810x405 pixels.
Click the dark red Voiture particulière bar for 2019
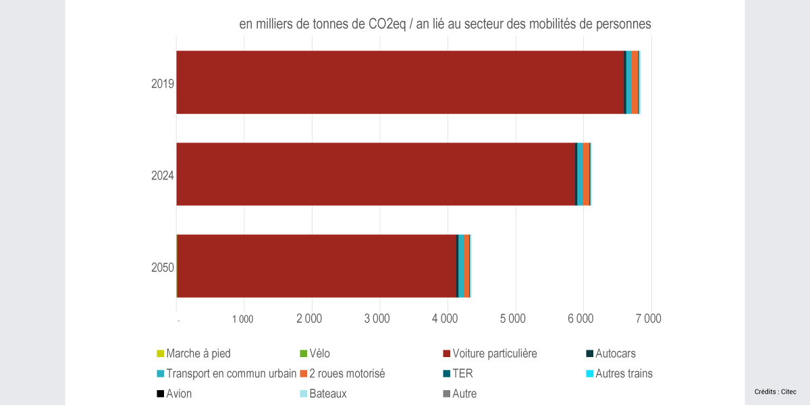[x=400, y=82]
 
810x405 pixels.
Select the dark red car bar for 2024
[x=375, y=174]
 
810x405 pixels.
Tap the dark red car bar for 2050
[x=317, y=266]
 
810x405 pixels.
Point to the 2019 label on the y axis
[x=163, y=84]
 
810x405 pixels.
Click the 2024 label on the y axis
[x=163, y=176]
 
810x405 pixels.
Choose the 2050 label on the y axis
[x=163, y=268]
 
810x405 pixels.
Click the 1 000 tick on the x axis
[x=242, y=319]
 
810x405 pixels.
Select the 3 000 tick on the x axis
[x=378, y=318]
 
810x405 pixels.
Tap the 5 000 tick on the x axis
[x=514, y=318]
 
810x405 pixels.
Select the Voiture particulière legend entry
[x=494, y=353]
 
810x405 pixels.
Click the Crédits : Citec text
[x=775, y=391]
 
